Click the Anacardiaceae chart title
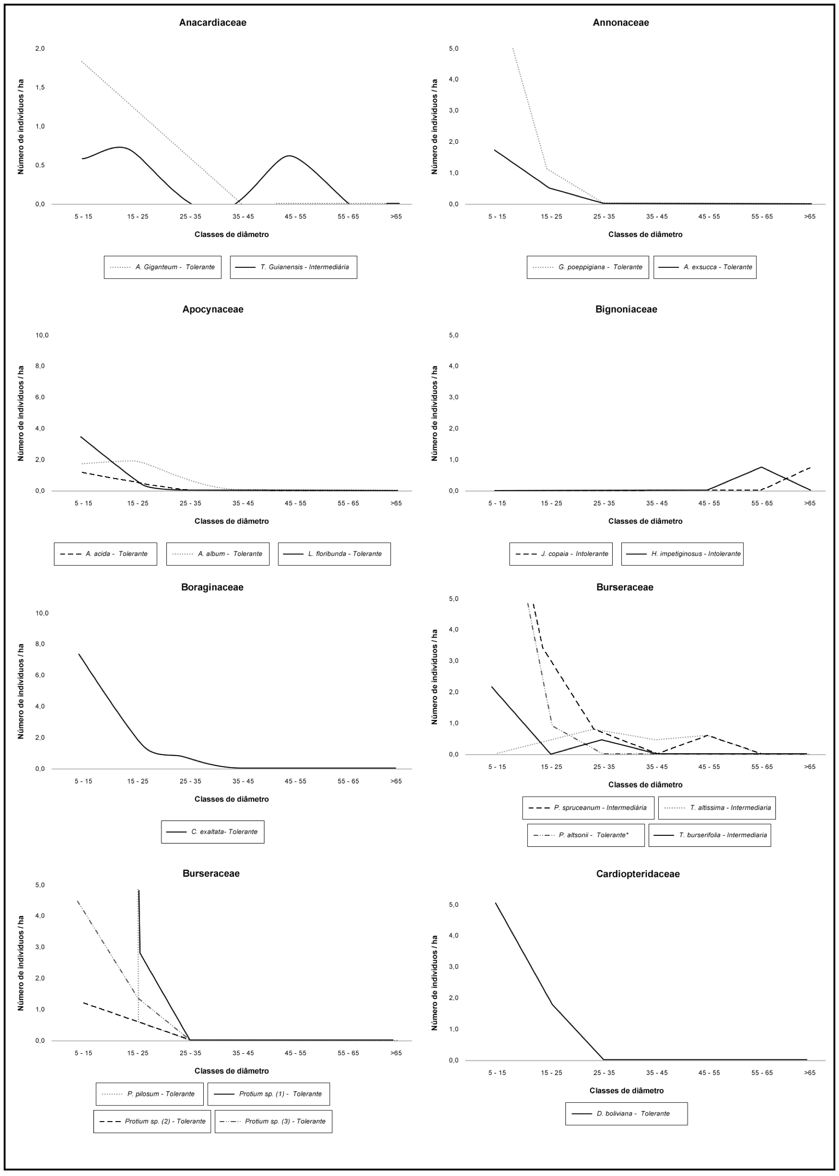[213, 23]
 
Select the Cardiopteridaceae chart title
[638, 874]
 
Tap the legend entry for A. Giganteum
[162, 267]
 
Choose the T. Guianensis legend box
[294, 267]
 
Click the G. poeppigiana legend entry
[587, 267]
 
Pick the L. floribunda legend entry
[334, 554]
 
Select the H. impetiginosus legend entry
[682, 554]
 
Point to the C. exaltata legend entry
[213, 832]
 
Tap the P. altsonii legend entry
[586, 835]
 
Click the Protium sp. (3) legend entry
[273, 1121]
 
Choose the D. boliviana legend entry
[626, 1113]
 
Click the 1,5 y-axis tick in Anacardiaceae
[40, 87]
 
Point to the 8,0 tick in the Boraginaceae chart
[40, 644]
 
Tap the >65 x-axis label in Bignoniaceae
[809, 503]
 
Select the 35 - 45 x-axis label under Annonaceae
[656, 217]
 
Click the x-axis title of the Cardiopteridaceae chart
[626, 1090]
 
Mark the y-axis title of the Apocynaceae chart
[21, 414]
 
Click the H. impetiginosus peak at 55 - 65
[762, 467]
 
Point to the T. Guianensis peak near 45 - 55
[290, 155]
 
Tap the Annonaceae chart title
[620, 23]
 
